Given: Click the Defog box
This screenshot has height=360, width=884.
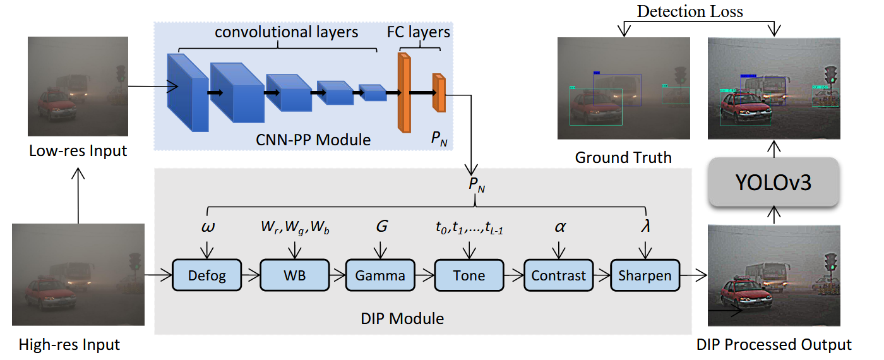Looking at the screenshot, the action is click(x=207, y=275).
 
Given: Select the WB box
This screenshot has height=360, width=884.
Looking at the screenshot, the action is click(x=294, y=275).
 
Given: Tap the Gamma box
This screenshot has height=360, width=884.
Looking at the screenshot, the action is click(x=380, y=275).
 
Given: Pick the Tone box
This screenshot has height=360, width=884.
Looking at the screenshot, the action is click(x=469, y=275).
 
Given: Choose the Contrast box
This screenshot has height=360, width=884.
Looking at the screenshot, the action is click(x=558, y=275).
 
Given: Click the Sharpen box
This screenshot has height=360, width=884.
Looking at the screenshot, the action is click(x=645, y=275).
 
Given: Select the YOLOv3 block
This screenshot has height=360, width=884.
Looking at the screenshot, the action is click(x=773, y=182).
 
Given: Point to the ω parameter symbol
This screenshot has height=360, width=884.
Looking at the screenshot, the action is click(x=208, y=227).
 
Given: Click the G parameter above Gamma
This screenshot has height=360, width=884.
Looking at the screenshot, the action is click(x=381, y=226).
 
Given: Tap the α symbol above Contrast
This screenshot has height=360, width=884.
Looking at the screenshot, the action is click(x=560, y=227).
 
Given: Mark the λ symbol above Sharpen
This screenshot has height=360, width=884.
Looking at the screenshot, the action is click(x=645, y=226).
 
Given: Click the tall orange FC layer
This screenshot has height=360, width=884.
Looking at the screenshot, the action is click(x=404, y=93).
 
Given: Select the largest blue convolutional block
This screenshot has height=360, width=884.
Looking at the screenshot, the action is click(x=188, y=93).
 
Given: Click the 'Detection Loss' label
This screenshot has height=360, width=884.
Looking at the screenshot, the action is click(x=690, y=11).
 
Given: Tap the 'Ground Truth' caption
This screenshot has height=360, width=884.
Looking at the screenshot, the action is click(x=623, y=157).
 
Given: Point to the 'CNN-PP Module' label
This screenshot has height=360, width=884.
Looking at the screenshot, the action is click(x=313, y=140).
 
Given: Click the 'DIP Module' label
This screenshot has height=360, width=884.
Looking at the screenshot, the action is click(x=402, y=318).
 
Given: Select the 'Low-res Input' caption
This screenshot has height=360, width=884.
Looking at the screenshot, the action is click(x=78, y=151).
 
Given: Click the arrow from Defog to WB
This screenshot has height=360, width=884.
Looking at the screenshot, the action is click(x=251, y=275).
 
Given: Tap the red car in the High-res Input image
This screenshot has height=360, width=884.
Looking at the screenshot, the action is click(x=51, y=296).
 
